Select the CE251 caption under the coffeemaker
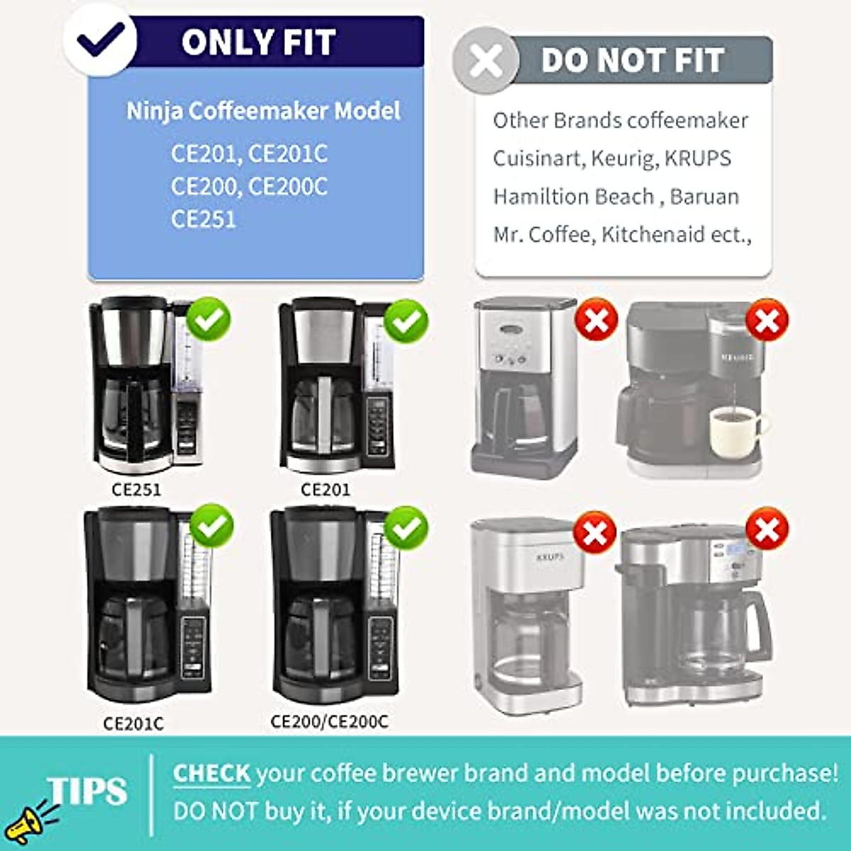pos(136,489)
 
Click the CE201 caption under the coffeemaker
pos(326,489)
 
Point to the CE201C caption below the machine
pos(133,723)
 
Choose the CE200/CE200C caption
pos(330,722)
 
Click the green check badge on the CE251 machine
pos(208,321)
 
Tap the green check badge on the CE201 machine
pos(406,321)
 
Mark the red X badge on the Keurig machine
pos(767,321)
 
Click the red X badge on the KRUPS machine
pos(594,533)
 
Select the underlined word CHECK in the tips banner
pos(211,773)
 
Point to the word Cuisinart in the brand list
pos(536,158)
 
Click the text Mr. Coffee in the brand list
pos(543,235)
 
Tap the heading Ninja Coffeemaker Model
pos(263,111)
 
